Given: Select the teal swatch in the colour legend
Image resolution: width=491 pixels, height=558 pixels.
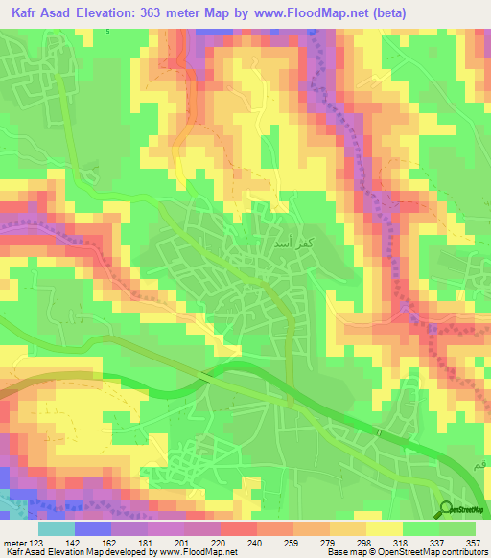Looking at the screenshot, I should point(57,528).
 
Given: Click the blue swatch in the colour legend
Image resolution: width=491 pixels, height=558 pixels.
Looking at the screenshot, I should point(93,528).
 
